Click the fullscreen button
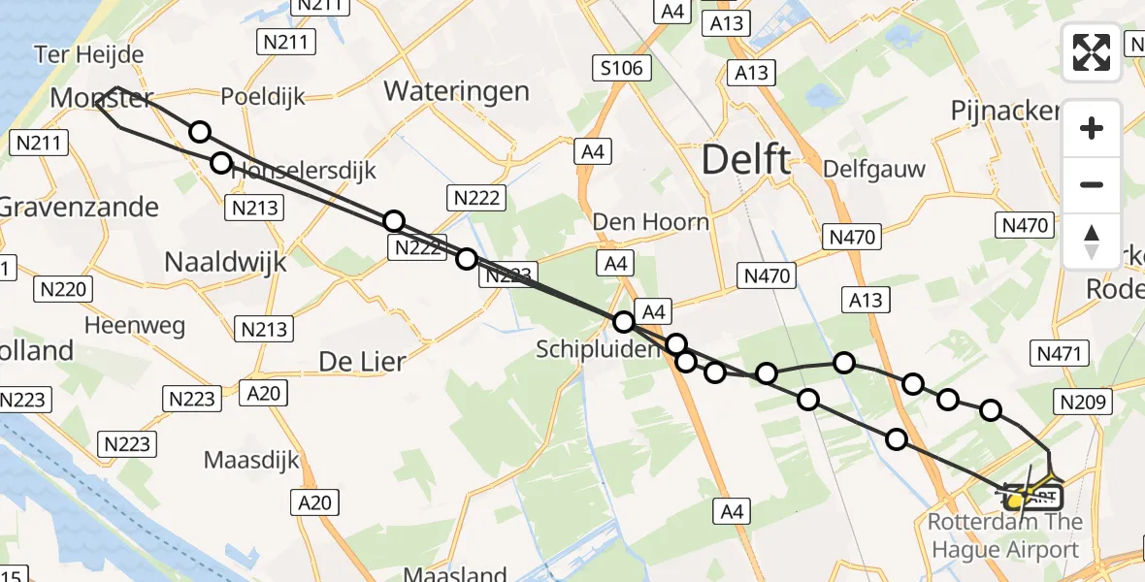tap(1092, 52)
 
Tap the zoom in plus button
tap(1092, 128)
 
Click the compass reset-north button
tap(1092, 242)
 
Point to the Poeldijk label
tap(263, 97)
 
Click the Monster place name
tap(101, 97)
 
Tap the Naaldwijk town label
tap(225, 262)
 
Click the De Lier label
tap(362, 362)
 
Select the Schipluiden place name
tap(599, 349)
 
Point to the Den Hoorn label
tap(650, 222)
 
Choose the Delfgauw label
tap(873, 169)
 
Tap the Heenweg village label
tap(135, 325)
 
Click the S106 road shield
tap(622, 67)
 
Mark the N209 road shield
tap(1083, 403)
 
